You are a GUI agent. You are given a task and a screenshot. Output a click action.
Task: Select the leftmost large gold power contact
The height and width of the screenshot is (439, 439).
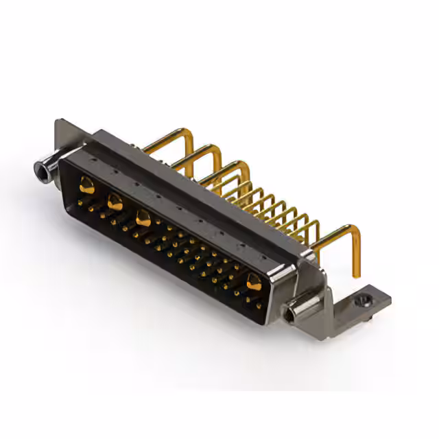click(86, 184)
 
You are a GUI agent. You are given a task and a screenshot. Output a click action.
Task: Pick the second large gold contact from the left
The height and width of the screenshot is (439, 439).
click(115, 202)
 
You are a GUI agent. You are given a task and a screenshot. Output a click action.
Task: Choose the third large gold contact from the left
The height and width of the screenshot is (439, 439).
click(143, 219)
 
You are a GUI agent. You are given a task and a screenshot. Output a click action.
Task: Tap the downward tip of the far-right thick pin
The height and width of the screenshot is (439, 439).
click(355, 272)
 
